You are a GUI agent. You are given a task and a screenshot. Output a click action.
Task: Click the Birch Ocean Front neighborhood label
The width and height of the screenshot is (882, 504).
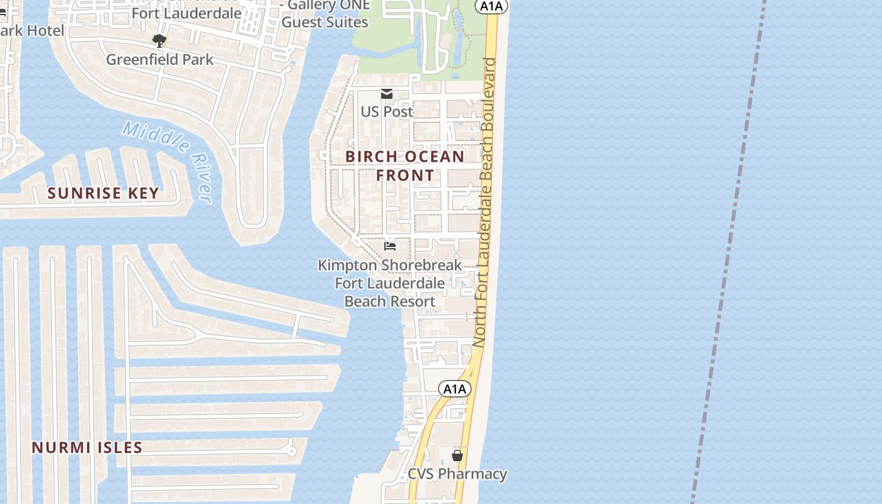point(405,166)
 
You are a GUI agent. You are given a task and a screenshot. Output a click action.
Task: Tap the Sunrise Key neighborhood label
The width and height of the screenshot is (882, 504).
point(103,193)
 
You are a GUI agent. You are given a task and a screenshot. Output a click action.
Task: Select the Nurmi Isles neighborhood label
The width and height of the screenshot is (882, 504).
point(87,448)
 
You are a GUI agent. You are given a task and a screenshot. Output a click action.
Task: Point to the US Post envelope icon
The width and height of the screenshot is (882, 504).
point(387,94)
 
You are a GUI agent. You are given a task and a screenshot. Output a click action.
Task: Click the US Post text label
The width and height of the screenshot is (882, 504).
point(387,112)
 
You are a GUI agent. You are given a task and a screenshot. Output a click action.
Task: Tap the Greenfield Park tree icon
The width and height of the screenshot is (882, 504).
point(159,41)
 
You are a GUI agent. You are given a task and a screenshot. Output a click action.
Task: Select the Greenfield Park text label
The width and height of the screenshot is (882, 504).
point(159,60)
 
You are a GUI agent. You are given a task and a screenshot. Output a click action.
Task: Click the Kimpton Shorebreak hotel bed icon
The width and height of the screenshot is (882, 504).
point(390,246)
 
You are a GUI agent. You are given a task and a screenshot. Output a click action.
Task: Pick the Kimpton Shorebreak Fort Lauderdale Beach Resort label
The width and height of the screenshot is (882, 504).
point(390,283)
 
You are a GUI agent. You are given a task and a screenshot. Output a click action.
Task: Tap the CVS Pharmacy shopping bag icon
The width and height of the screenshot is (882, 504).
point(457,455)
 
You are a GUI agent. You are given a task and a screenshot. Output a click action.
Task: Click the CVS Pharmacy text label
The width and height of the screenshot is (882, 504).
point(457,474)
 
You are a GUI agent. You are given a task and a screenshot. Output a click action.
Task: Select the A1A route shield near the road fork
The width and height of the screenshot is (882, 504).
point(454,389)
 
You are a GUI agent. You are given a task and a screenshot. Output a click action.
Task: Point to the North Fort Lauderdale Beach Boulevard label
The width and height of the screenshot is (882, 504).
point(486,202)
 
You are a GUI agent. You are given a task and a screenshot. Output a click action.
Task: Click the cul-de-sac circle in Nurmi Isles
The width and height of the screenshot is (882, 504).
point(290,450)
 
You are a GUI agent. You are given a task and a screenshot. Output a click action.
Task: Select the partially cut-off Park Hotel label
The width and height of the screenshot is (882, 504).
point(31,31)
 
